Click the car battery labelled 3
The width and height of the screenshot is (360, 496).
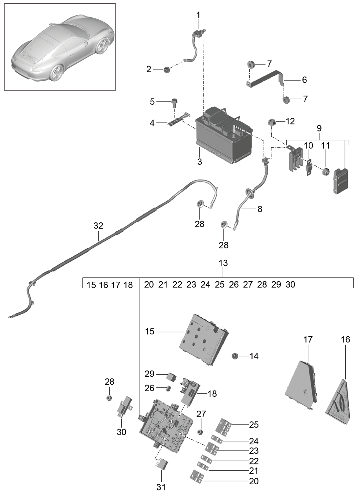click(224, 136)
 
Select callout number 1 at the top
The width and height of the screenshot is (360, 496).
click(198, 15)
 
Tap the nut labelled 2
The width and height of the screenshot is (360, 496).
click(166, 70)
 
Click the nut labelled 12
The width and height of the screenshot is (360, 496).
click(271, 122)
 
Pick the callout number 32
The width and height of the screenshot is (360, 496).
click(98, 226)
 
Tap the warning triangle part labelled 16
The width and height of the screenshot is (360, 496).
click(338, 401)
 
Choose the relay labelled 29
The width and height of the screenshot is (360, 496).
click(173, 376)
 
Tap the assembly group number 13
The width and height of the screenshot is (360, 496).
click(223, 263)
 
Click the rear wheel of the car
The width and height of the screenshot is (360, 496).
click(57, 72)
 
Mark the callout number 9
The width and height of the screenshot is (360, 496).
click(319, 128)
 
